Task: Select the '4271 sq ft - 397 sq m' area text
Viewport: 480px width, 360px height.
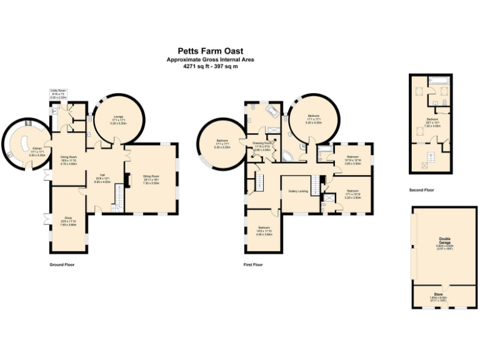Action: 209,66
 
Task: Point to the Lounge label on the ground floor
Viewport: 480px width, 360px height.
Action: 118,117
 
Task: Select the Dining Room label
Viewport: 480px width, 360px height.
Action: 68,157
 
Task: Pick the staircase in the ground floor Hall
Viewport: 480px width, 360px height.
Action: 117,200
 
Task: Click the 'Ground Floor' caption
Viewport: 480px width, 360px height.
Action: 62,265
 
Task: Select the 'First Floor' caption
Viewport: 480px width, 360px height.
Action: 253,265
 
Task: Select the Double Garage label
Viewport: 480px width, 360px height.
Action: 444,242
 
